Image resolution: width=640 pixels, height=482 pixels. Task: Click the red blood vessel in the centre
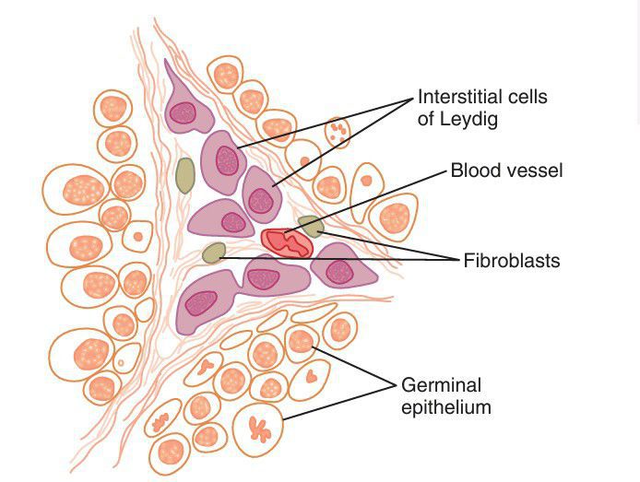click(288, 242)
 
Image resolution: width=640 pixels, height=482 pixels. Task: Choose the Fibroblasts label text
click(510, 261)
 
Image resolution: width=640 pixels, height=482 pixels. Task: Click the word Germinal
click(441, 384)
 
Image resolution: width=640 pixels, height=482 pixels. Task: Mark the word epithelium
click(446, 406)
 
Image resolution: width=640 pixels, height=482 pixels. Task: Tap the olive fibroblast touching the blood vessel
click(311, 226)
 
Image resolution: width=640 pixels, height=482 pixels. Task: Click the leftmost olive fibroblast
click(185, 175)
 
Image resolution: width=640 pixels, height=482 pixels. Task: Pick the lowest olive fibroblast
click(214, 253)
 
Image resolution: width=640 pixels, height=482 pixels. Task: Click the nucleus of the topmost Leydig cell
click(184, 112)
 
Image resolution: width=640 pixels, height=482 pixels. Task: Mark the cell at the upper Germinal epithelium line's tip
click(301, 342)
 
